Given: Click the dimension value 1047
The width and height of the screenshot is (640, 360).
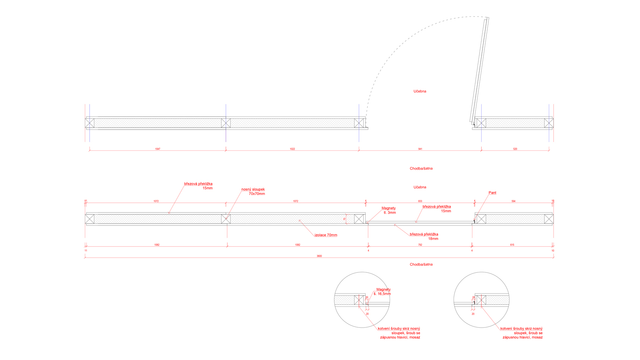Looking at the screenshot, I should click(158, 149).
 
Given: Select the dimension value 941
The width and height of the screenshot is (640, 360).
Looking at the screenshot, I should click(420, 149).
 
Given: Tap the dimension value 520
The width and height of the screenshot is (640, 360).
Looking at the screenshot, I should click(515, 149).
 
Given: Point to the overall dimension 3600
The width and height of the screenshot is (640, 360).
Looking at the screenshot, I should click(319, 256).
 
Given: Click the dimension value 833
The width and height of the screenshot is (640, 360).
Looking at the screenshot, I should click(420, 201).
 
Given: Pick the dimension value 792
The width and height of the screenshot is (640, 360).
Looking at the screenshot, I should click(420, 244).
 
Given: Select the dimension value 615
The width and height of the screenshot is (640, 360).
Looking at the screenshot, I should click(512, 244).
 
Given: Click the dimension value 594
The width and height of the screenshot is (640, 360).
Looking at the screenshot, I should click(513, 201).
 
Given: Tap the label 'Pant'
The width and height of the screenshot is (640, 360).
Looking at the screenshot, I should click(492, 193).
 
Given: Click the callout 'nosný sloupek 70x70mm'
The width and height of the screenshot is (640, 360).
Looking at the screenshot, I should click(253, 192).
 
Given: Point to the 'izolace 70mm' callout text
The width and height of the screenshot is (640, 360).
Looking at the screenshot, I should click(326, 235).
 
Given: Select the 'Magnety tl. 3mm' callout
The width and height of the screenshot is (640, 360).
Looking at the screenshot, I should click(389, 210).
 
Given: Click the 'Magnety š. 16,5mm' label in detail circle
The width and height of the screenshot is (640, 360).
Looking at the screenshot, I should click(383, 292).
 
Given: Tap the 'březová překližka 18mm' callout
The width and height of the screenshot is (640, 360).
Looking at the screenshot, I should click(424, 236).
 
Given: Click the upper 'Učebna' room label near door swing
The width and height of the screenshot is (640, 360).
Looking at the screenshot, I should click(420, 91).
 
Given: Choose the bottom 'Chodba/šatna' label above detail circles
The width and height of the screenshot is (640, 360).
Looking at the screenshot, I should click(421, 264).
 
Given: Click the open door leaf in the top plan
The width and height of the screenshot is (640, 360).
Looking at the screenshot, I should click(479, 70).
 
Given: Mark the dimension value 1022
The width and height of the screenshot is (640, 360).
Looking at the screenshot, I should click(292, 149).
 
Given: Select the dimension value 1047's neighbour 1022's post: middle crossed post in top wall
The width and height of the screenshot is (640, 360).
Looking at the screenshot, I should click(226, 123).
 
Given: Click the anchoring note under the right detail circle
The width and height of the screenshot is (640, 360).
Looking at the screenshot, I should click(522, 333).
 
